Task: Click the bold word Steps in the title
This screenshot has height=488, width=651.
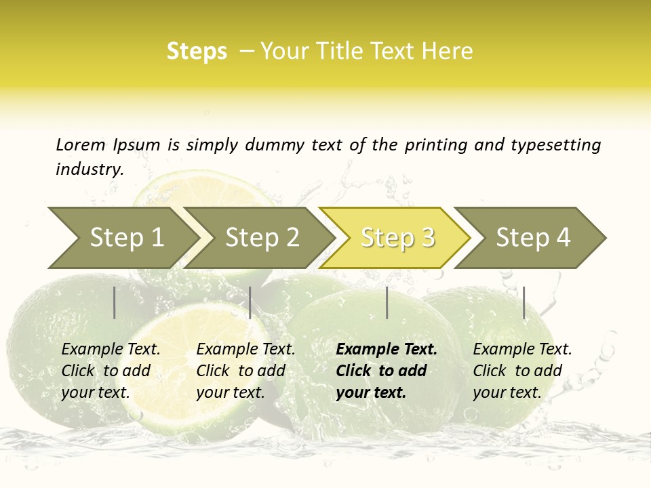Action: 197,52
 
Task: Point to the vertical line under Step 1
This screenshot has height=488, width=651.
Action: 115,302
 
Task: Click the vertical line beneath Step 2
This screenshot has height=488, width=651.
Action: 250,302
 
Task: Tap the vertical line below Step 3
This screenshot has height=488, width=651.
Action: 387,302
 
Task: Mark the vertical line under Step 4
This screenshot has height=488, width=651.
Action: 524,302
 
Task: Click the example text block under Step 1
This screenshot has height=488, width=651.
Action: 110,371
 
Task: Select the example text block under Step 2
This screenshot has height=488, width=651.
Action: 245,371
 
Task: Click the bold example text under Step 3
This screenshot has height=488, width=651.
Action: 386,371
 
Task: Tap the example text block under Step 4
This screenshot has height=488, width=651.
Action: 521,371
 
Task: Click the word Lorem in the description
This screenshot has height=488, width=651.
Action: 81,144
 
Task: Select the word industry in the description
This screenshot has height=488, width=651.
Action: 89,169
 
